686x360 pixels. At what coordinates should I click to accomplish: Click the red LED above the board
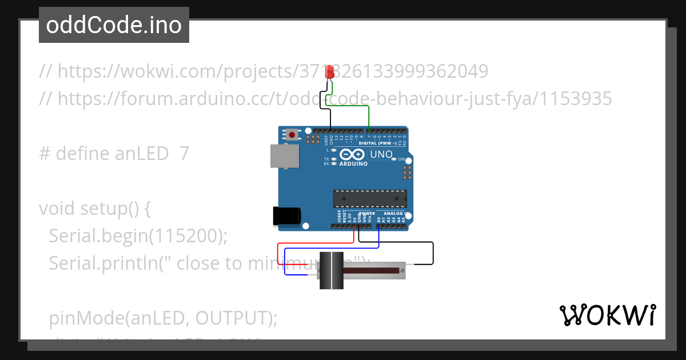[330, 73]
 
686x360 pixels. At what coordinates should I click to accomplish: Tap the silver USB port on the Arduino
[284, 155]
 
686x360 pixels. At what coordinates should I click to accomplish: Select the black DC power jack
[286, 215]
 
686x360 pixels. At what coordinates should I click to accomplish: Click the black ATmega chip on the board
[370, 198]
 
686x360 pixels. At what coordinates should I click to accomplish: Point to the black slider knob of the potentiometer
[330, 270]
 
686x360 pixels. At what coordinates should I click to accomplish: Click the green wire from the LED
[369, 114]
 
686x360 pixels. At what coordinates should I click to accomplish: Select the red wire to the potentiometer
[278, 254]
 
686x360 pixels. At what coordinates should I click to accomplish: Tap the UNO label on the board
[381, 154]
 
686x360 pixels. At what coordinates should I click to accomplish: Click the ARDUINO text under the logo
[353, 164]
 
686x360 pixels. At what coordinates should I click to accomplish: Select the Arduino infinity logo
[352, 154]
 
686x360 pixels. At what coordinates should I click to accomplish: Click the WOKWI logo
[607, 315]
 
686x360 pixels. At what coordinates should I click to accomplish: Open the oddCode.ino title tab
[114, 25]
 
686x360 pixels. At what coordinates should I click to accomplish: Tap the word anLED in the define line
[141, 154]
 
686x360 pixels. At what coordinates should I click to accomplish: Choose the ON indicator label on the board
[401, 159]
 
